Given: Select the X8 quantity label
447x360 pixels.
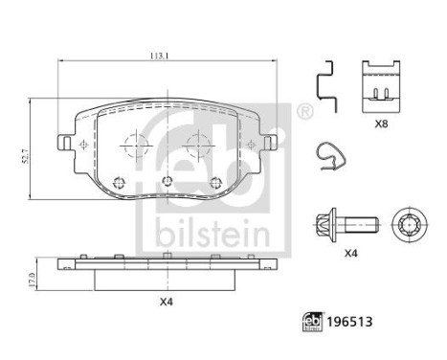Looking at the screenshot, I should (x=382, y=123).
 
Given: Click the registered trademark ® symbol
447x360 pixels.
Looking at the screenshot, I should (x=303, y=113).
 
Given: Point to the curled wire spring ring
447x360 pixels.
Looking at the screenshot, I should (x=328, y=159).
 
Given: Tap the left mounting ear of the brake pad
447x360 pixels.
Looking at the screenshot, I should (x=67, y=144).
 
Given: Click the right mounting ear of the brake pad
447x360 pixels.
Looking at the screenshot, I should (x=275, y=144).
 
